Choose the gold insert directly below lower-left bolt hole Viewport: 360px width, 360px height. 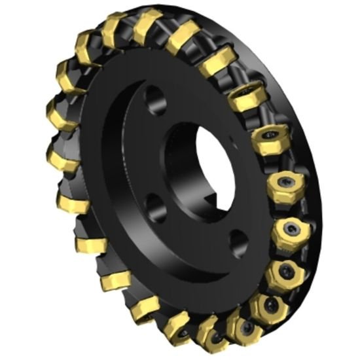click(143, 308)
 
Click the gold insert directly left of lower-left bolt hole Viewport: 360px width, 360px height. click(92, 245)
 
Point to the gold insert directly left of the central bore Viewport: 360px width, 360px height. click(62, 154)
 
